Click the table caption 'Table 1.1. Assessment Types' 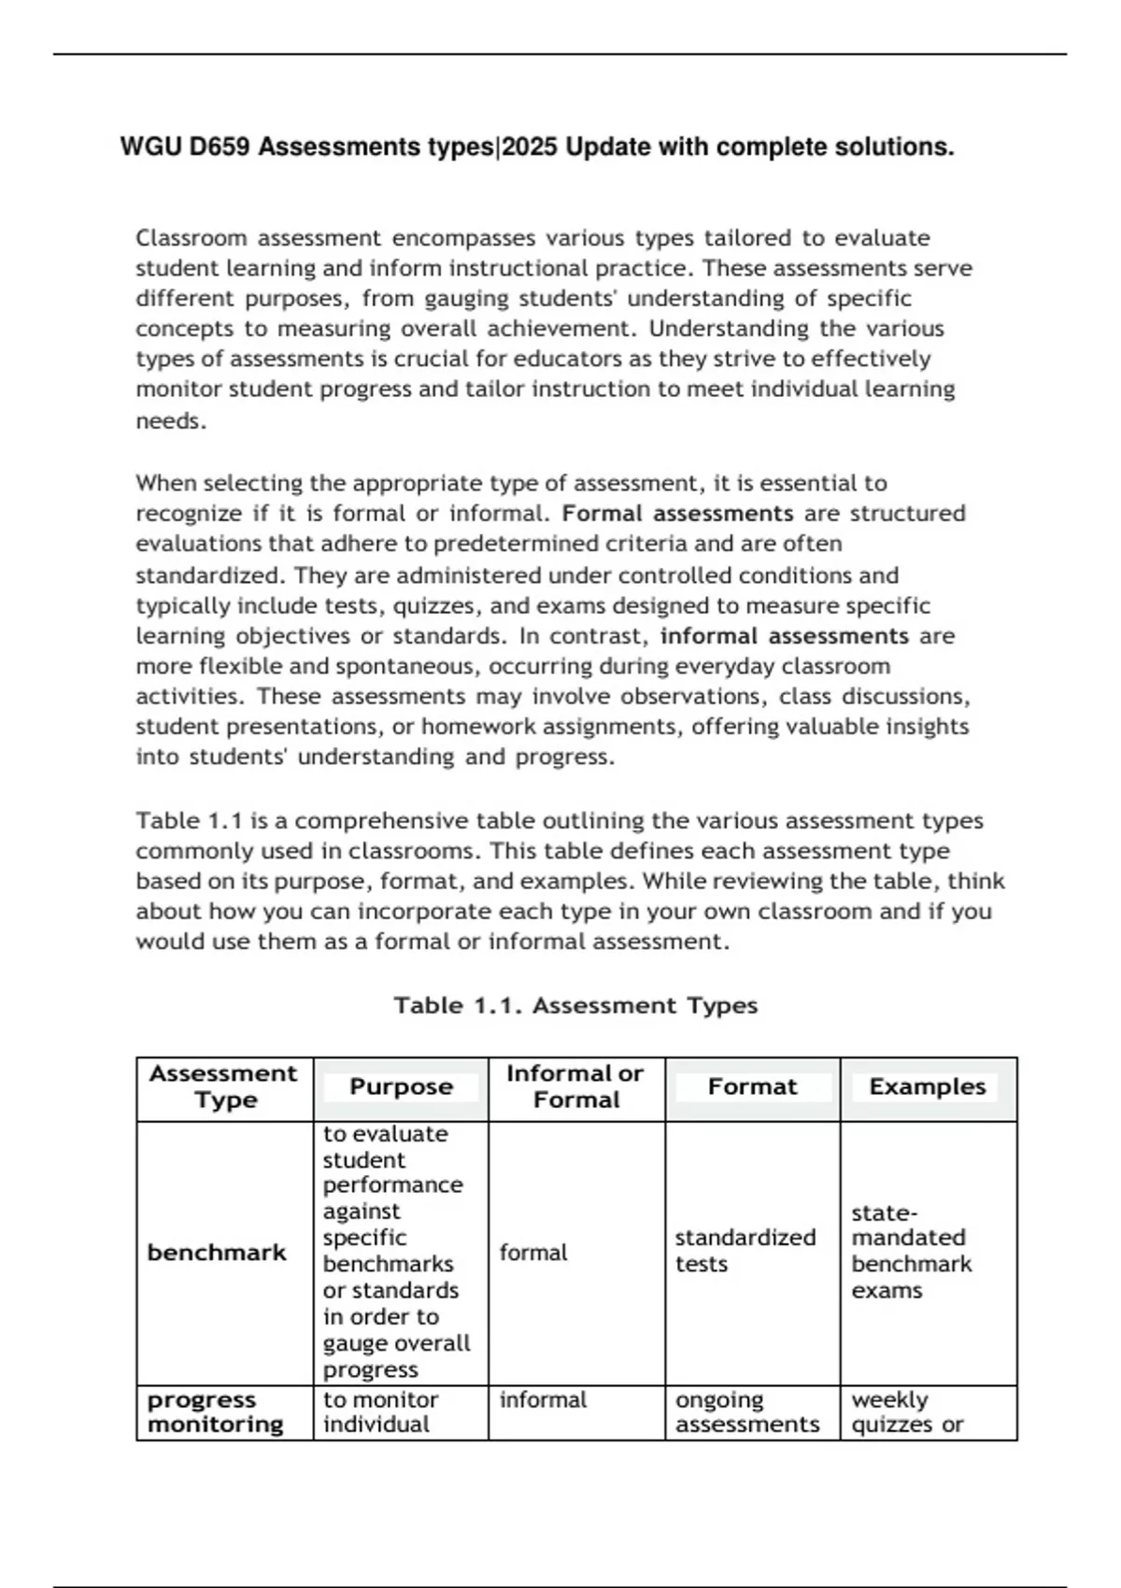[575, 1006]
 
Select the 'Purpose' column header [401, 1087]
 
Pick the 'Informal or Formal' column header [575, 1087]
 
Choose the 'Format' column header [752, 1087]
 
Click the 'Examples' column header [927, 1087]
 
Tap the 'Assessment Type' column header [223, 1087]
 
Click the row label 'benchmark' [217, 1253]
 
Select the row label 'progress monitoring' [215, 1412]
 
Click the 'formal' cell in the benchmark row [533, 1253]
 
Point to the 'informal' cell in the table [543, 1400]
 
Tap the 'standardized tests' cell [745, 1251]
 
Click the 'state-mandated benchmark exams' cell [911, 1252]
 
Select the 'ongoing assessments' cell [746, 1412]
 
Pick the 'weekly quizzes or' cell [906, 1412]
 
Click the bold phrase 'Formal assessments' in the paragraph [678, 514]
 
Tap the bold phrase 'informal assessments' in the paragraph [784, 636]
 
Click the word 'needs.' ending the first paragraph [171, 421]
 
